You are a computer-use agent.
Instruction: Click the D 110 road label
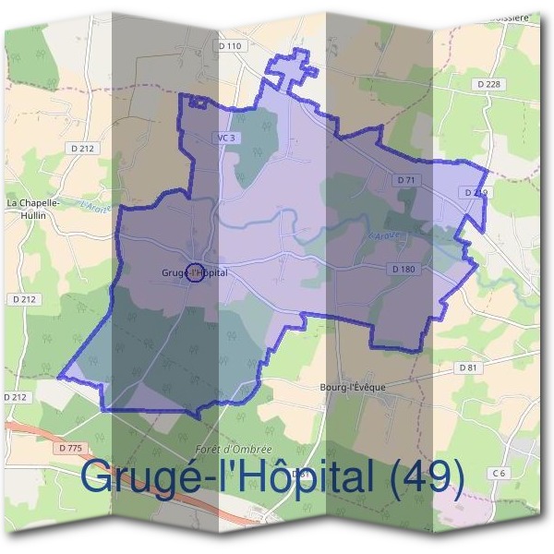point(230,46)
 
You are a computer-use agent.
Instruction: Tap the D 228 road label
point(489,84)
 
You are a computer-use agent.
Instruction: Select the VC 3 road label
point(226,138)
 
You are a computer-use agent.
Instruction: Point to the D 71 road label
point(404,179)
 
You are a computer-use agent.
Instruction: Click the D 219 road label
point(476,192)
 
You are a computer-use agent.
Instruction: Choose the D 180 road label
point(403,269)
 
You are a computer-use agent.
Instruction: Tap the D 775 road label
point(69,448)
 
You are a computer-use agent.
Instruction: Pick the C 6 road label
point(500,473)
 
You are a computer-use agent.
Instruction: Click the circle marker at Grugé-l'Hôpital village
point(195,271)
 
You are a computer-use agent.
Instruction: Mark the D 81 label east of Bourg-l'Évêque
point(469,367)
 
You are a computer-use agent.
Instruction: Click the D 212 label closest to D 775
point(15,397)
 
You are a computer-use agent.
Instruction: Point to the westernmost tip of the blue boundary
point(59,377)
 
